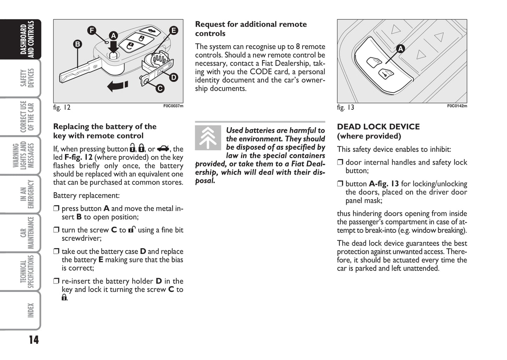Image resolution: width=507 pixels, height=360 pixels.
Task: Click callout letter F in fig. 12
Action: coord(92,31)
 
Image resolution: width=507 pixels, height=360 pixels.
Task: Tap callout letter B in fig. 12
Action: coord(78,44)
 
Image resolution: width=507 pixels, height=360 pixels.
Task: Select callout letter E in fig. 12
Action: coord(173,31)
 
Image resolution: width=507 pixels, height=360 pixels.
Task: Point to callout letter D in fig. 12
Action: coord(173,78)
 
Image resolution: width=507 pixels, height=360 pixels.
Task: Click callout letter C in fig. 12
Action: coord(160,88)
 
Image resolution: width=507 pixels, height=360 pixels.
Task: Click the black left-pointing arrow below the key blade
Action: coord(118,86)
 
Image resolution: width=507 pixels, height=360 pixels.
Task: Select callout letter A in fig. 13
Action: coord(400,49)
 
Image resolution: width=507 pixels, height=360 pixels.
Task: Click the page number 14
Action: coord(34,340)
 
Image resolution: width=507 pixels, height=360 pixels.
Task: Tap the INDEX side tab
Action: coord(31,311)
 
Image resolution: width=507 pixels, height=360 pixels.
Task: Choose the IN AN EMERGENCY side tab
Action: coord(27,194)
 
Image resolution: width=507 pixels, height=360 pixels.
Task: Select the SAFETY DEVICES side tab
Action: coord(27,78)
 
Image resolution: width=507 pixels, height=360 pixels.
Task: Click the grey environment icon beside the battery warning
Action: coord(208,138)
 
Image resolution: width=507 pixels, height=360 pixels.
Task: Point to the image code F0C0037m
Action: coord(173,106)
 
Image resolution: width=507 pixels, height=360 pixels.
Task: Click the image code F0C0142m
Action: coord(457,106)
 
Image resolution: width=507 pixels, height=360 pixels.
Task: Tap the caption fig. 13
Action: coord(346,108)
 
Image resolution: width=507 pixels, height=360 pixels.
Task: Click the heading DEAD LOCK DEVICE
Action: coord(378,127)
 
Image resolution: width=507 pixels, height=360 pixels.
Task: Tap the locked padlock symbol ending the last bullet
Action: coord(64,298)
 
